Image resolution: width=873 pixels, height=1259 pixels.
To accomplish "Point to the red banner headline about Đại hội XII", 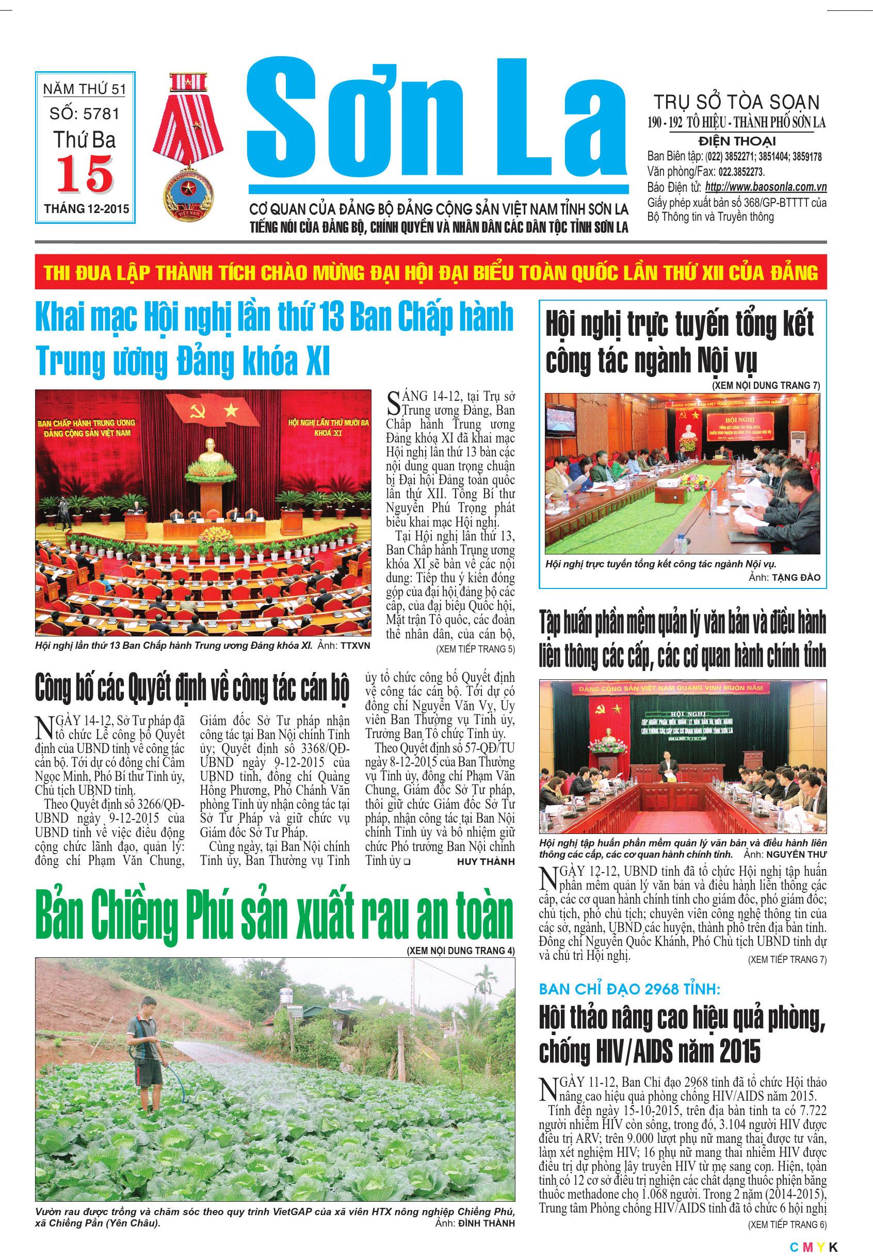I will tap(431, 273).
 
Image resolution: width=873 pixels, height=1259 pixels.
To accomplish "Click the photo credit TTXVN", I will tap(355, 646).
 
